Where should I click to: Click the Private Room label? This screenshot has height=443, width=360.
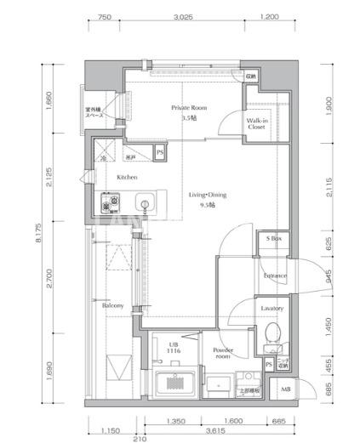coord(189,108)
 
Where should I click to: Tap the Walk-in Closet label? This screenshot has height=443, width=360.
coord(259,126)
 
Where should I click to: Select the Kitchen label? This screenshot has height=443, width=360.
coord(127,178)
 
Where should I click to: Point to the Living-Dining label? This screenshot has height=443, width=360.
coord(207,195)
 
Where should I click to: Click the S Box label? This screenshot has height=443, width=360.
coord(274,241)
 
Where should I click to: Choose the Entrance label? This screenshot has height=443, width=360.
coord(274,276)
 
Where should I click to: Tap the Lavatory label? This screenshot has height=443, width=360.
coord(273,308)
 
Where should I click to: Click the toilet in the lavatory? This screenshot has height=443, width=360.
coord(273,333)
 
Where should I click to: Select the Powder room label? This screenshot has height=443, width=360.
coord(222,353)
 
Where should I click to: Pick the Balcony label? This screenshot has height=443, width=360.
coord(115,306)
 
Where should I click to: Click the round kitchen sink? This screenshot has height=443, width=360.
coord(145,204)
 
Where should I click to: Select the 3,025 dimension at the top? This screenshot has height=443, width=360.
coord(181,16)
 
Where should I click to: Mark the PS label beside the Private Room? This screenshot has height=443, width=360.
coord(160,152)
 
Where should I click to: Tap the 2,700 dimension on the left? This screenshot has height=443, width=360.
coord(50,278)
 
